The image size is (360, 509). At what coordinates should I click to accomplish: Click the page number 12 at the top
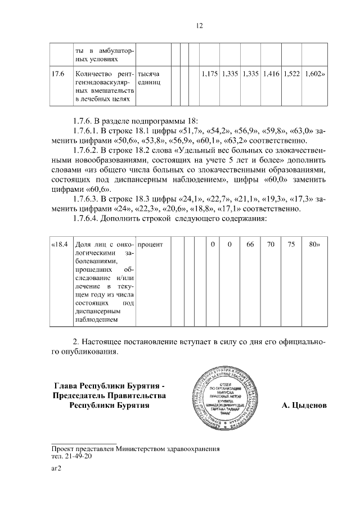(199, 25)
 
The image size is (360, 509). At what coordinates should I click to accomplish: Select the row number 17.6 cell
(58, 74)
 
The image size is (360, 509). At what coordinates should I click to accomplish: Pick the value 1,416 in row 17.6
(271, 74)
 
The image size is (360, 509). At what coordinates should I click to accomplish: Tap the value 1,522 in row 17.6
(291, 74)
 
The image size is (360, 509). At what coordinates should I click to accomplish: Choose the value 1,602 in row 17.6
(314, 74)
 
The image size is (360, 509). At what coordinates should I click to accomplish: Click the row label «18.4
(59, 245)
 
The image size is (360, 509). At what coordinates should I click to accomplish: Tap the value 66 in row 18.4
(250, 245)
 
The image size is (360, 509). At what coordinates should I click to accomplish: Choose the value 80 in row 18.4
(314, 245)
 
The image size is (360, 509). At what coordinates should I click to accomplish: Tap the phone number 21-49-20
(79, 456)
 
